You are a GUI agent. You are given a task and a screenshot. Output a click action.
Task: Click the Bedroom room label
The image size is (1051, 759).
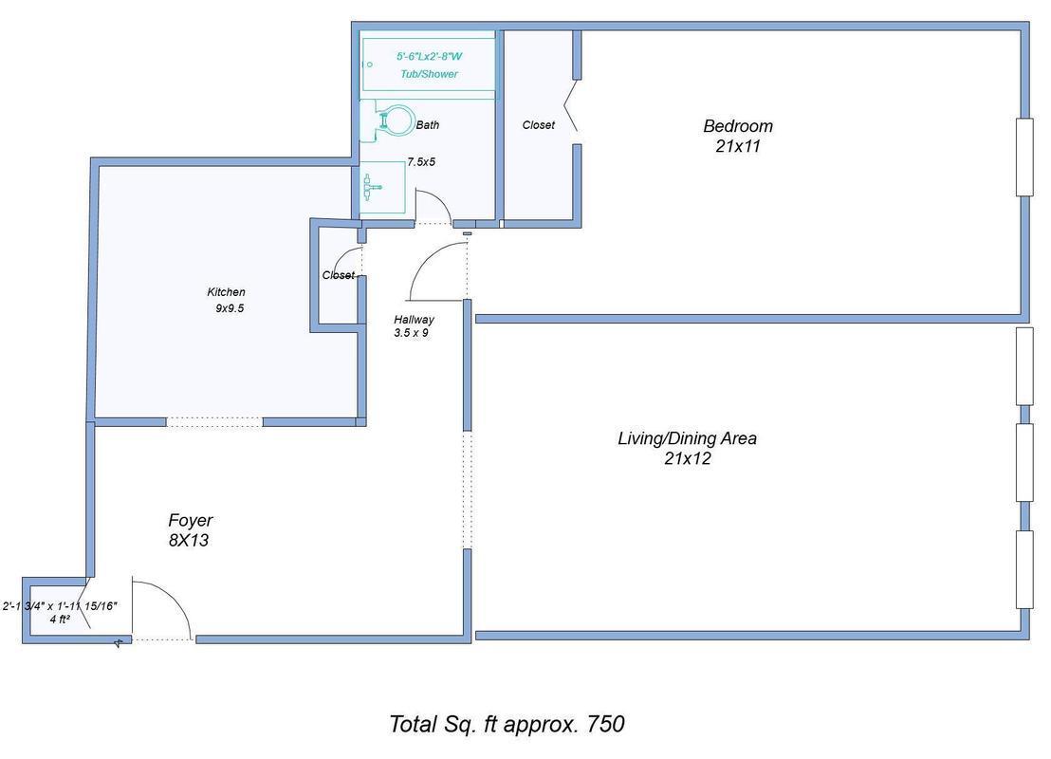click(x=737, y=125)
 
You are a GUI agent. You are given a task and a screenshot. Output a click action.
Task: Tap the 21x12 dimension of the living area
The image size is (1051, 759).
click(x=688, y=459)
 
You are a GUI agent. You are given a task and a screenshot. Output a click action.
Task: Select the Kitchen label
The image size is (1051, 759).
click(x=226, y=292)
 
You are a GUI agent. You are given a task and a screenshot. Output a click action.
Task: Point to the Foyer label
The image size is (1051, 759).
click(x=190, y=520)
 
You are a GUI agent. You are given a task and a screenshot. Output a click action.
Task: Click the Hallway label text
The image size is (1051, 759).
click(x=414, y=320)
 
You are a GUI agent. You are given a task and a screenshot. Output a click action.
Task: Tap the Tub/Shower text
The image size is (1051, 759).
click(x=429, y=74)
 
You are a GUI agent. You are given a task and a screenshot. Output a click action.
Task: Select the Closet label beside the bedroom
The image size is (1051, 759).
click(x=538, y=125)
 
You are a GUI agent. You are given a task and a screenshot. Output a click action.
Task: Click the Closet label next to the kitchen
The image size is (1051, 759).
click(x=338, y=275)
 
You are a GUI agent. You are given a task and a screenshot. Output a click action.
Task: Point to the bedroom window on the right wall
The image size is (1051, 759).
click(x=1023, y=157)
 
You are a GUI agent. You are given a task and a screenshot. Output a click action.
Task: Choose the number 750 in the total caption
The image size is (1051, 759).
click(x=605, y=724)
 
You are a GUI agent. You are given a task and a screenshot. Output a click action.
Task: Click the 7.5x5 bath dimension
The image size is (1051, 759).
click(x=421, y=162)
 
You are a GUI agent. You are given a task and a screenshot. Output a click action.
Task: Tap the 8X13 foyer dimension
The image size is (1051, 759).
click(x=188, y=541)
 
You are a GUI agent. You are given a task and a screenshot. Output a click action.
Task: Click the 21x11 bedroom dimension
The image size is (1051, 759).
click(x=737, y=146)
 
